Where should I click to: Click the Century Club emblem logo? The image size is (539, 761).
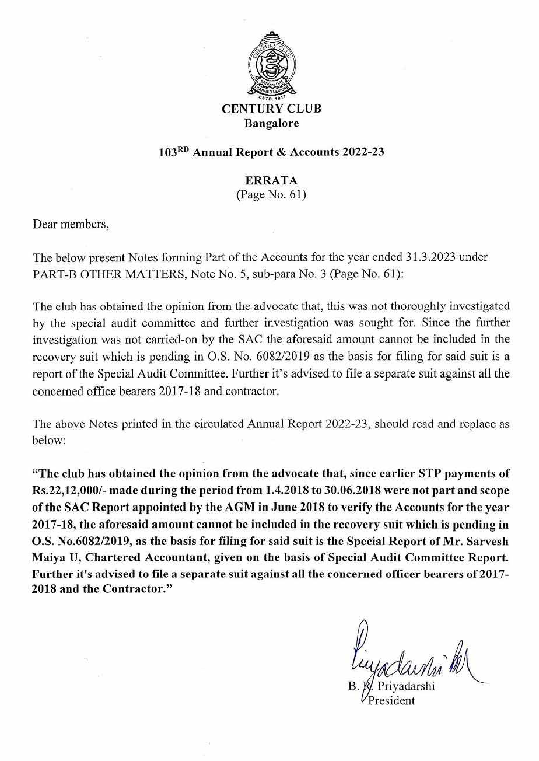(x=271, y=65)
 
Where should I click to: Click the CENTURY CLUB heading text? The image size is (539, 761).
(x=271, y=109)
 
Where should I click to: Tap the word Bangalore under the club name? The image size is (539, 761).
(x=271, y=123)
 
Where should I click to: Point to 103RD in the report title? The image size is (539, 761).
(x=174, y=152)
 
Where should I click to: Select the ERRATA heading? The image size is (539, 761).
(x=271, y=181)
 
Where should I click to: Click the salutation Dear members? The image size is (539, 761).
(x=71, y=224)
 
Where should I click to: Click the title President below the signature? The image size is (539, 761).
(x=391, y=700)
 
